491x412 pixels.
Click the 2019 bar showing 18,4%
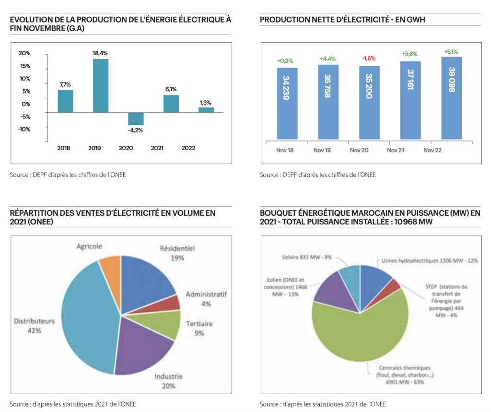(x=100, y=85)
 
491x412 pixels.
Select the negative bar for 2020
(x=136, y=118)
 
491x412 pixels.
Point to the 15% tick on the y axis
(x=25, y=66)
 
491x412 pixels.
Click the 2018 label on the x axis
(x=63, y=148)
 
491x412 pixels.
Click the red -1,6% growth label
(x=369, y=59)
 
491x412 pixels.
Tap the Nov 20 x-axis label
(x=359, y=150)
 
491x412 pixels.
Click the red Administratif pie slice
(x=175, y=303)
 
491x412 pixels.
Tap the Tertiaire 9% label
(x=199, y=328)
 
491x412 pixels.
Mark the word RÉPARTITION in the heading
(x=33, y=213)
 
